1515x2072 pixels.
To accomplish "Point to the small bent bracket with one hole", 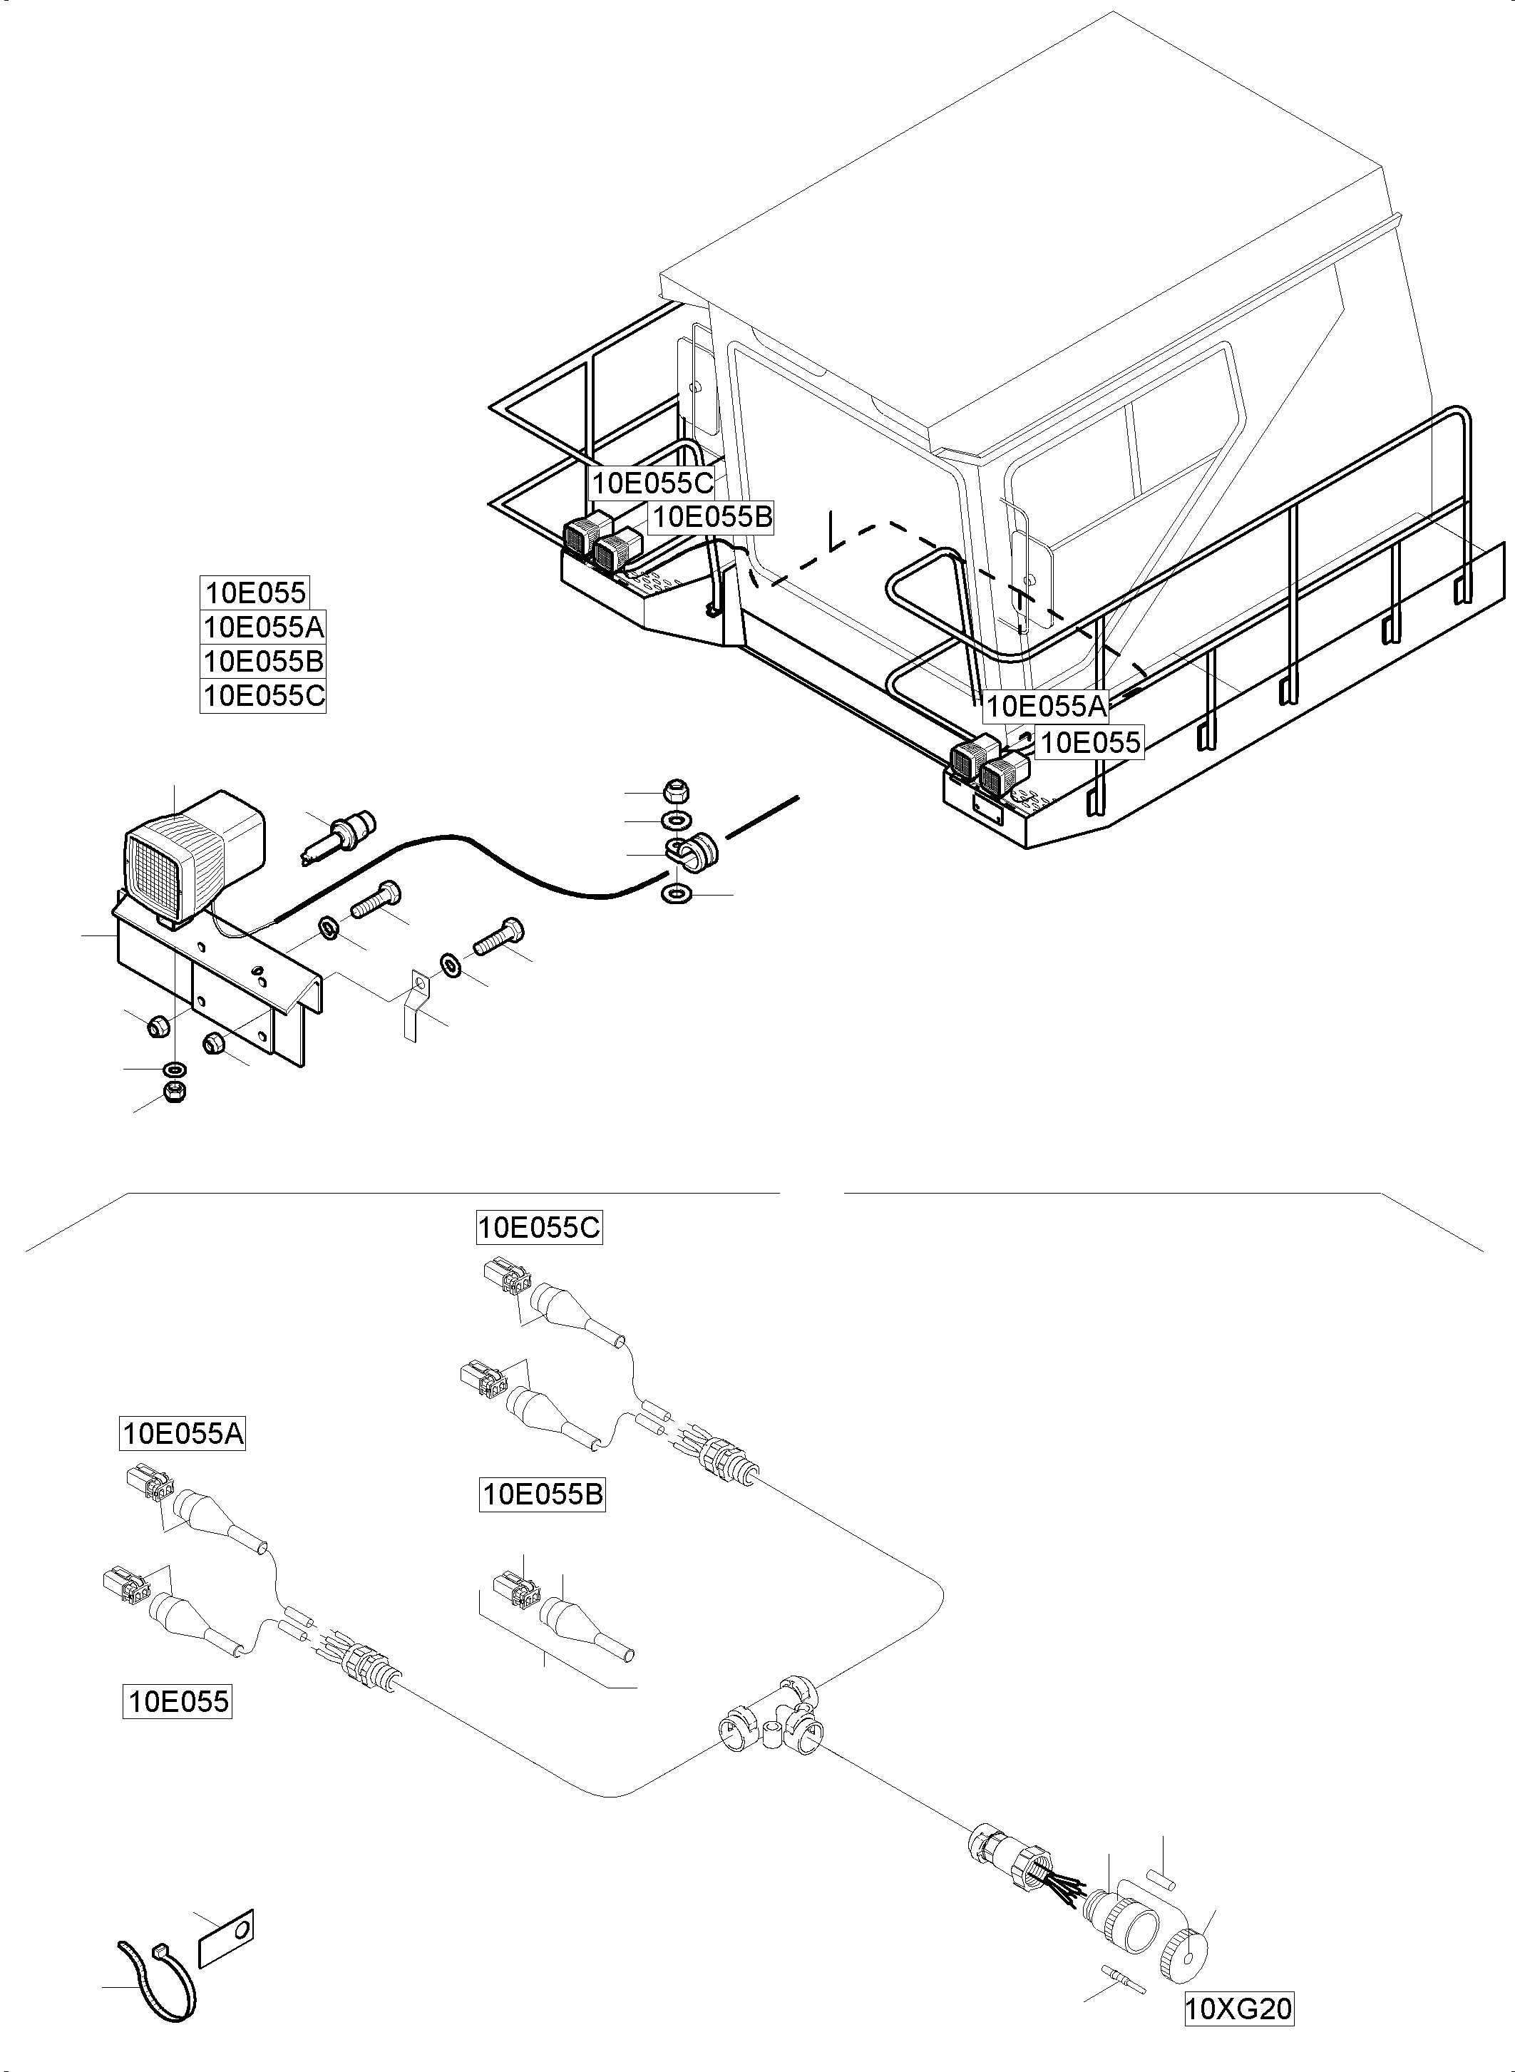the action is (414, 1007).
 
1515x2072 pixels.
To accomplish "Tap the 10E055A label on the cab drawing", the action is (1044, 707).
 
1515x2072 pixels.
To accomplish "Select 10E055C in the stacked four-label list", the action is (263, 695).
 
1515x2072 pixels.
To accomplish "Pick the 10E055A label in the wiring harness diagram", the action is (183, 1432).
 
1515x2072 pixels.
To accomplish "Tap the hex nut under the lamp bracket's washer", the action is (173, 1092).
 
